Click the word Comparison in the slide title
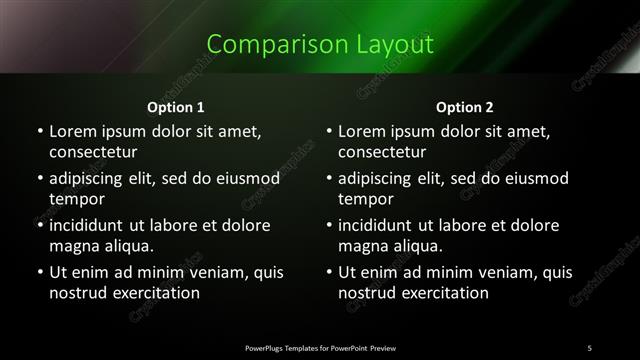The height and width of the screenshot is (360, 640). pyautogui.click(x=264, y=44)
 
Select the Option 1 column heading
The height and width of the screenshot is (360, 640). pyautogui.click(x=176, y=106)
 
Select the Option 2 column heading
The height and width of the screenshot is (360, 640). pyautogui.click(x=465, y=106)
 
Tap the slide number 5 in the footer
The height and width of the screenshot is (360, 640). pyautogui.click(x=589, y=347)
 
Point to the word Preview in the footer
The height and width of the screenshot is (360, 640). pyautogui.click(x=383, y=347)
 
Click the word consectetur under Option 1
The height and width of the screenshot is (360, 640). pyautogui.click(x=93, y=153)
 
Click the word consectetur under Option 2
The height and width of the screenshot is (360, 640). pyautogui.click(x=382, y=153)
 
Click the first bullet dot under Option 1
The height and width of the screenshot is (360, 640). pyautogui.click(x=40, y=131)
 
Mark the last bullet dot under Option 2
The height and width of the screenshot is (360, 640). pyautogui.click(x=329, y=272)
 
